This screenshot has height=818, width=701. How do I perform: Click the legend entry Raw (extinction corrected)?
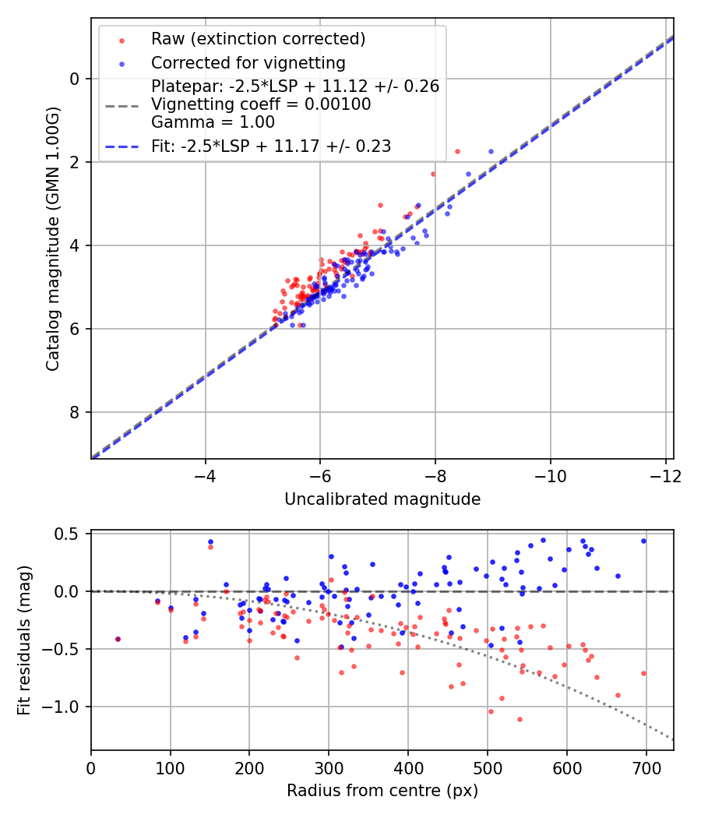coord(258,39)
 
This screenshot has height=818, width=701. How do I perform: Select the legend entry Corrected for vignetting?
coord(248,62)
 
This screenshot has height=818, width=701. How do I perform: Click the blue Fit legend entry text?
coord(270,146)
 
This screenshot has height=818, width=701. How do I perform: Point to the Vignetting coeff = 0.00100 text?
coord(261,104)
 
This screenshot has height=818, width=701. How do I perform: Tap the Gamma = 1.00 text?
coord(213,122)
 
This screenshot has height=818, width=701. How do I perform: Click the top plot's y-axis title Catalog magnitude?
coord(52,238)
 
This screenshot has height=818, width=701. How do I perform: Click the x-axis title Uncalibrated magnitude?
coord(382,499)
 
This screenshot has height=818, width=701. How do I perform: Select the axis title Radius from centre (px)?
coord(382,791)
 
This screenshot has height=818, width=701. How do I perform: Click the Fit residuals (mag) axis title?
coord(24,640)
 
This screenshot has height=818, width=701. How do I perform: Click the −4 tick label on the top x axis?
coord(206,474)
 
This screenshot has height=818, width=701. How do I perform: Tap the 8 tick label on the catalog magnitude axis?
coord(75,412)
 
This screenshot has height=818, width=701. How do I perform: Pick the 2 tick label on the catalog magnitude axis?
coord(75,162)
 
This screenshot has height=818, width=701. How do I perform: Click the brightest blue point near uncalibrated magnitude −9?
coord(491,151)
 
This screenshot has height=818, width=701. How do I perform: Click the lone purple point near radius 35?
coord(118,639)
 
